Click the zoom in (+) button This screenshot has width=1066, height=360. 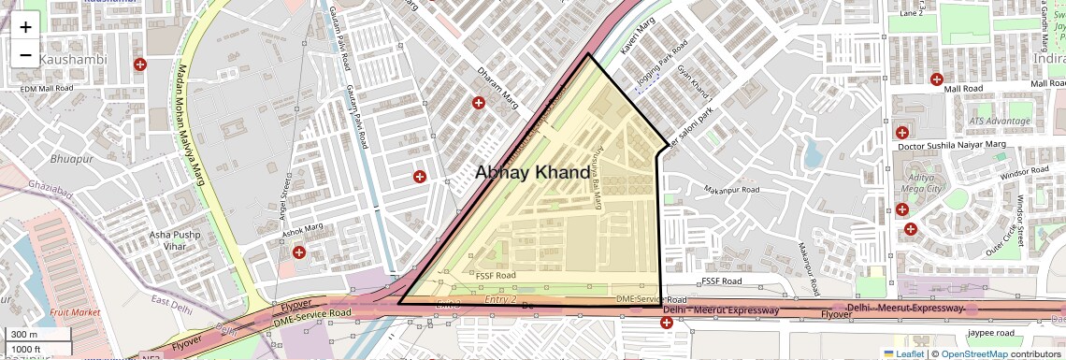25,26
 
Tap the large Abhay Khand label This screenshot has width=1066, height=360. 532,172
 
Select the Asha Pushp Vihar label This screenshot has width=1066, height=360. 181,240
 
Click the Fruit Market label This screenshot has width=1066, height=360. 75,311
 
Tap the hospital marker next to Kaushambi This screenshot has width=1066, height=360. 140,65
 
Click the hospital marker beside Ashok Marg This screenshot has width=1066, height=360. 299,252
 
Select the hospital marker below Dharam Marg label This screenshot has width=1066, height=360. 479,103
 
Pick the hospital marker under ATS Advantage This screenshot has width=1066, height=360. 902,133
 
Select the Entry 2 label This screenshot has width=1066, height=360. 501,298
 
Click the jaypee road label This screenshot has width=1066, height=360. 992,333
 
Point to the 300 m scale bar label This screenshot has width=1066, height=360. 25,335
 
